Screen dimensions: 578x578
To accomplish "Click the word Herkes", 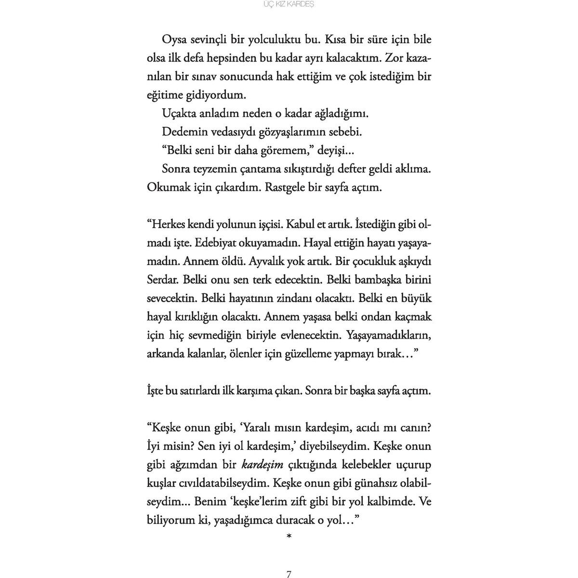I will pos(170,225).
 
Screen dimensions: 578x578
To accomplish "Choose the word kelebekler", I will pos(356,465).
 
